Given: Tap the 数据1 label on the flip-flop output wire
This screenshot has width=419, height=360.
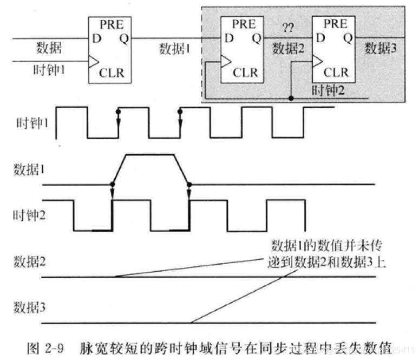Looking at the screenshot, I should (x=176, y=48).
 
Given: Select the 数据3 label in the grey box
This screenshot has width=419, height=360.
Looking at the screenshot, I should (x=381, y=48).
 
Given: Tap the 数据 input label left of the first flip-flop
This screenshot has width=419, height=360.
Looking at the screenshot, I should (x=49, y=48).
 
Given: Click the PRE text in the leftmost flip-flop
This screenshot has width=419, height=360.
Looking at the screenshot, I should (x=112, y=25).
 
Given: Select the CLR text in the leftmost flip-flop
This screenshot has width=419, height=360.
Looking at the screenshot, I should (x=112, y=73).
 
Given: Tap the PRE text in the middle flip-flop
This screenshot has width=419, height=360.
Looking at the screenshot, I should (x=244, y=25).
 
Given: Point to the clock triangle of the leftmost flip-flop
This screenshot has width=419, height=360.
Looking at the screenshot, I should (x=93, y=61).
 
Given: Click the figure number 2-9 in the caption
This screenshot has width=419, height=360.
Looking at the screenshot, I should (x=53, y=348).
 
